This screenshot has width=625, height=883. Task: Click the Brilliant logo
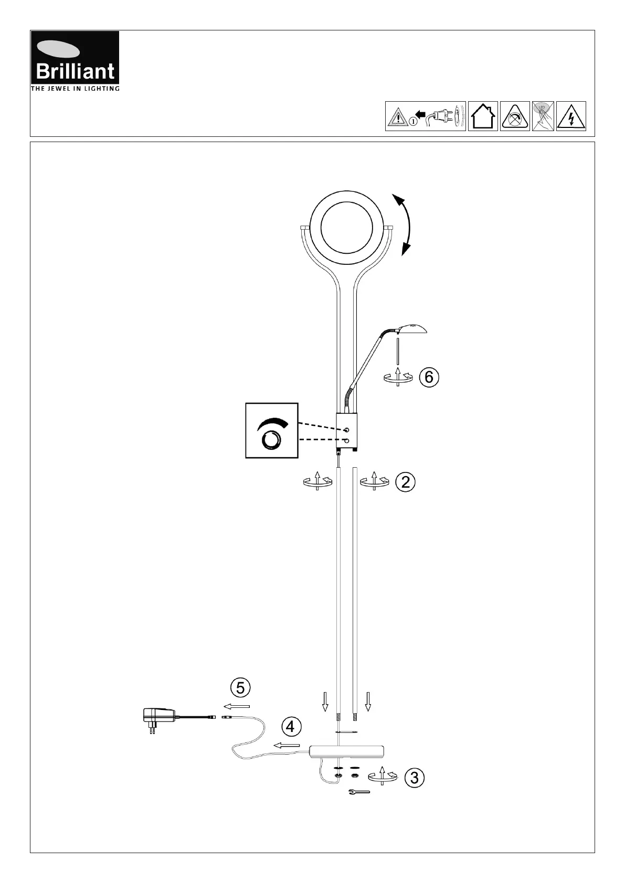[75, 61]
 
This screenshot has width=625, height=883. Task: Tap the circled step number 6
[429, 377]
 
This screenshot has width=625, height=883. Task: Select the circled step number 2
[406, 482]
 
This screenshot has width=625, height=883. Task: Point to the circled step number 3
[415, 778]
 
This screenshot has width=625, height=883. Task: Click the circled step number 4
[291, 727]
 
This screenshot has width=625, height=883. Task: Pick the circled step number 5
[240, 687]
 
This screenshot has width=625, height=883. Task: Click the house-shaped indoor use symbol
[483, 116]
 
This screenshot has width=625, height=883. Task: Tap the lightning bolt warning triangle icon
[571, 116]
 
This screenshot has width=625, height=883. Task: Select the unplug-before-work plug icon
[426, 116]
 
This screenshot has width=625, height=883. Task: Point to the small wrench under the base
[359, 792]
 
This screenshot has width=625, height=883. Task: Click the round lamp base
[347, 752]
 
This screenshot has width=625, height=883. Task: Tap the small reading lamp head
[412, 329]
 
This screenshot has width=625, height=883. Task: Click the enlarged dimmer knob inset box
[272, 430]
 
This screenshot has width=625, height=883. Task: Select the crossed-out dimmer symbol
[515, 116]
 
